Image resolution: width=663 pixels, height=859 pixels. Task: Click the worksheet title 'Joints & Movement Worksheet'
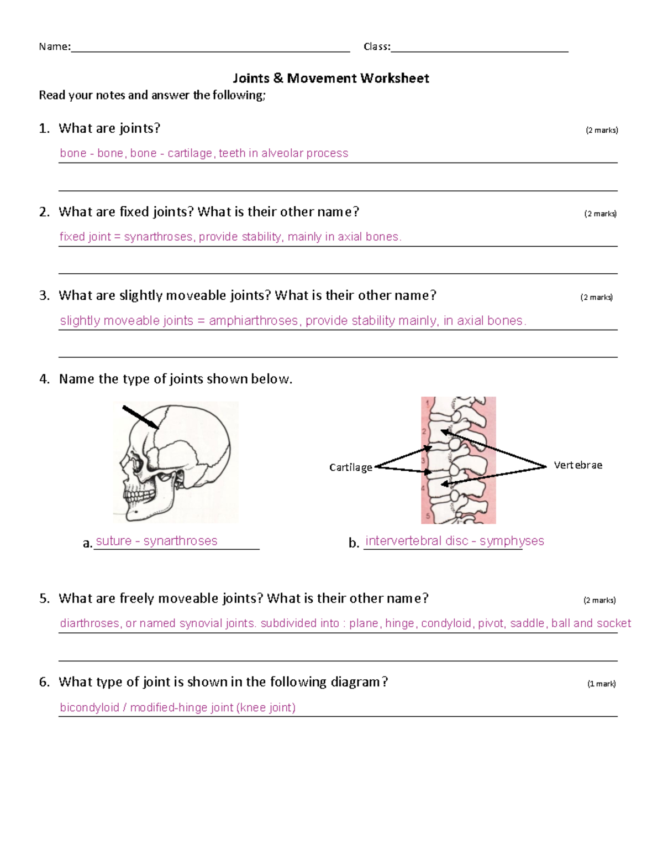click(330, 79)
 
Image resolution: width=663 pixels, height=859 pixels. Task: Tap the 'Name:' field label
click(54, 47)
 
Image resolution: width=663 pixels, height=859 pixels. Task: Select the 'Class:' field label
click(377, 47)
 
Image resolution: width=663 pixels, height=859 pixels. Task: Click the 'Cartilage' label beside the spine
click(350, 467)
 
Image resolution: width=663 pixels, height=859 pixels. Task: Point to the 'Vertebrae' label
click(578, 465)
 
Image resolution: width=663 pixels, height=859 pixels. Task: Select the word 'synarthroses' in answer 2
click(158, 237)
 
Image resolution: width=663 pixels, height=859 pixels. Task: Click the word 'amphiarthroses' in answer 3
click(254, 321)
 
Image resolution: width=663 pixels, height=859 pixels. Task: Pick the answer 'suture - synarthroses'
click(156, 541)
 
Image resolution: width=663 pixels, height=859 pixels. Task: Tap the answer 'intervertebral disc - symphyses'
click(455, 541)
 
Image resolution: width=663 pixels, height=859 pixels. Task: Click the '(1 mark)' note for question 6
click(601, 684)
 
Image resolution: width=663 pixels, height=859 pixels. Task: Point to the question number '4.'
click(44, 379)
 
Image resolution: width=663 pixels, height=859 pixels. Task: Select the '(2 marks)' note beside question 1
click(602, 131)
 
